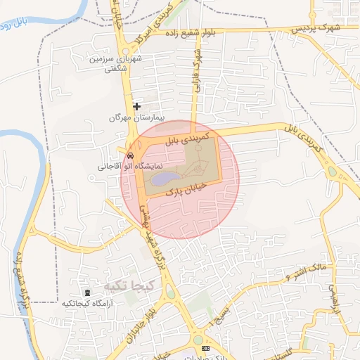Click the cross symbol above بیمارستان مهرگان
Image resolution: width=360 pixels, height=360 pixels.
[136, 105]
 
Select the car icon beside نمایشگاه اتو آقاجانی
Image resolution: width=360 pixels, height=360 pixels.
[131, 155]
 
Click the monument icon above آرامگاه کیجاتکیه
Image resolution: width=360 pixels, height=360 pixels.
[87, 292]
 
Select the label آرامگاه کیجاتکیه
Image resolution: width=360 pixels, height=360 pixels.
[88, 303]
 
